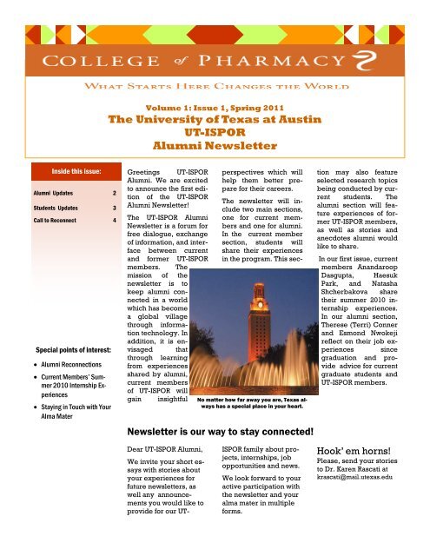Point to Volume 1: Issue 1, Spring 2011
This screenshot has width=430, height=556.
(x=215, y=108)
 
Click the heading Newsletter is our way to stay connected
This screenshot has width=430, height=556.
(x=238, y=453)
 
